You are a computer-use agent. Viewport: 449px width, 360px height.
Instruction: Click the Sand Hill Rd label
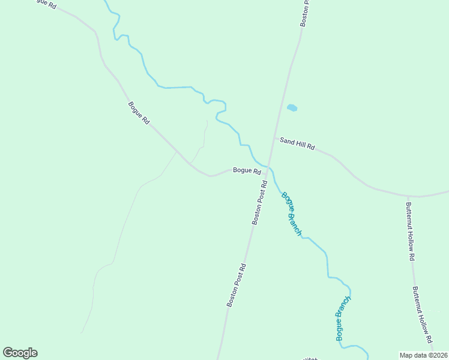(297, 143)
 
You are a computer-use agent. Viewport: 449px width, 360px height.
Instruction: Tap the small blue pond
(292, 108)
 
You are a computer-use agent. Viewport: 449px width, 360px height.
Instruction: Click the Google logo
(20, 353)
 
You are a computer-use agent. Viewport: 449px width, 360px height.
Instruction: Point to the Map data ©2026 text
(424, 355)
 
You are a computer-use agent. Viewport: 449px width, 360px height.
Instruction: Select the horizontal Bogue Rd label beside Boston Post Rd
(247, 170)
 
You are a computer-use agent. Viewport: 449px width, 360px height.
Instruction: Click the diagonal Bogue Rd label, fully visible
(139, 113)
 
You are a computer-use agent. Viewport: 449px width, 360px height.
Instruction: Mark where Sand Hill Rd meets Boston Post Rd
(274, 138)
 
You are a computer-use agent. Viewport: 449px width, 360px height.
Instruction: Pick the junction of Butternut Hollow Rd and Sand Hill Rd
(408, 196)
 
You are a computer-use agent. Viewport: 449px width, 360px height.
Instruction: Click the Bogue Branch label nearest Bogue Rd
(291, 213)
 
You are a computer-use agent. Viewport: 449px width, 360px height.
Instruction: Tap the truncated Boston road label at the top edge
(304, 12)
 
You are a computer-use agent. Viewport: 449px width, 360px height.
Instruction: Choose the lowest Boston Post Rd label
(237, 285)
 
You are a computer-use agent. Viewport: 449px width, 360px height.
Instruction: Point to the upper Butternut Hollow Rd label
(411, 230)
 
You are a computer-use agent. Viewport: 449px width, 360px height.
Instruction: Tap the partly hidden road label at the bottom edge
(310, 358)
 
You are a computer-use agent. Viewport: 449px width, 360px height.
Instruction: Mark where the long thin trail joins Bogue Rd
(176, 151)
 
